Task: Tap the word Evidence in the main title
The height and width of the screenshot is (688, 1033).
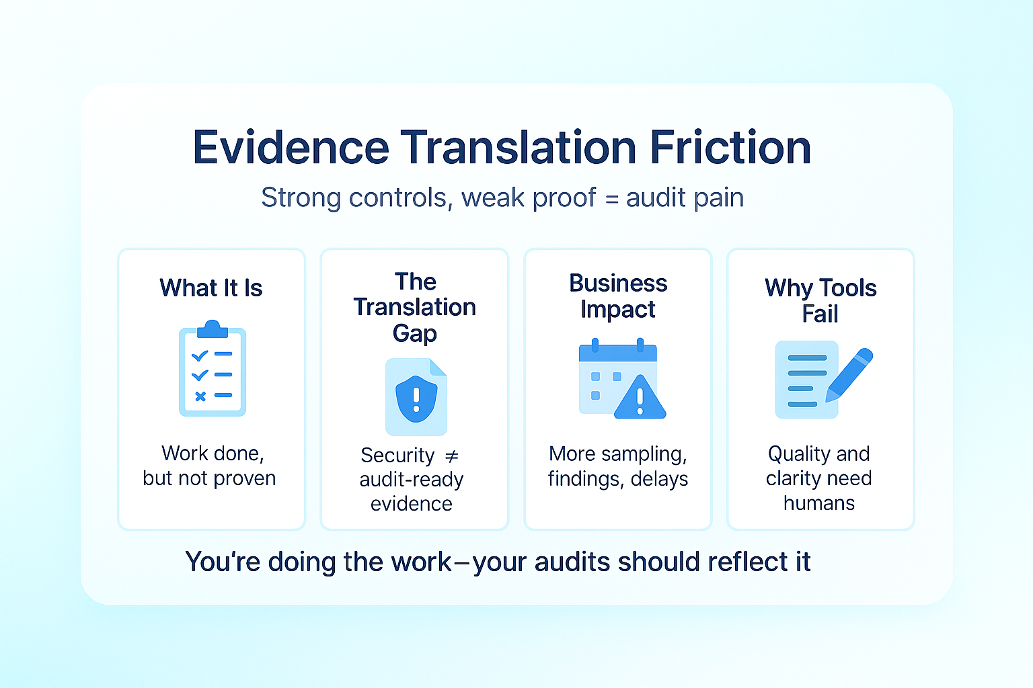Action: (x=291, y=147)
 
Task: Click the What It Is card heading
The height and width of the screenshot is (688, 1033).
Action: (x=211, y=288)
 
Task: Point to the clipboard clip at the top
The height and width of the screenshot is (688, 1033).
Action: (x=212, y=329)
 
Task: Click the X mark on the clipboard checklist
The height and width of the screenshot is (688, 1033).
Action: (x=200, y=396)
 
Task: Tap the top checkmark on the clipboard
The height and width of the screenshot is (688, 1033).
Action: (x=200, y=355)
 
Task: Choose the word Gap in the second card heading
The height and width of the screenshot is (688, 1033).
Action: (x=414, y=334)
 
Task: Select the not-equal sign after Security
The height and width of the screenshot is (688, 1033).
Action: (x=451, y=456)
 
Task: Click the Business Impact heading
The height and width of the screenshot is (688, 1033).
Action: (x=618, y=296)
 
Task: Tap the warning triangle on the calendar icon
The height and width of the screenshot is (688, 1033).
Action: (x=640, y=397)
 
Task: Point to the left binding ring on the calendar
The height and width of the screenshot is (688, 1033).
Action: (x=595, y=345)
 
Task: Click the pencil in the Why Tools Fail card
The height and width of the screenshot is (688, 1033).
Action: (x=849, y=375)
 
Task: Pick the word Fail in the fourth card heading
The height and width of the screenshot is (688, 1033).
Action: (x=820, y=314)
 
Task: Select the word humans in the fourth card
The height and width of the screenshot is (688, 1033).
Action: (x=819, y=503)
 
